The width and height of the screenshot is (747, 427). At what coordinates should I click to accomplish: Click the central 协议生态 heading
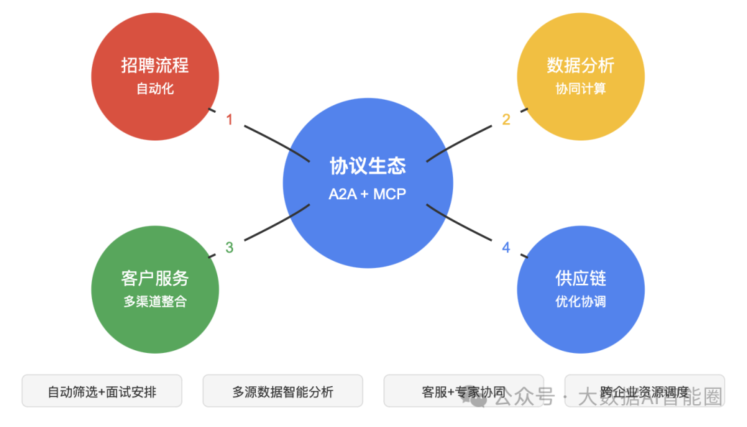pyautogui.click(x=367, y=166)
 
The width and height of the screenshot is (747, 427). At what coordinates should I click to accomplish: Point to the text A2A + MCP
pyautogui.click(x=367, y=194)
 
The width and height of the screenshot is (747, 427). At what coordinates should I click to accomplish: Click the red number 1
pyautogui.click(x=230, y=120)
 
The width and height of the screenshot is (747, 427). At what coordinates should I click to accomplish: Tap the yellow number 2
pyautogui.click(x=506, y=120)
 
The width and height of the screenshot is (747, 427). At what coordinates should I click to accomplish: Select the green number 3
pyautogui.click(x=230, y=247)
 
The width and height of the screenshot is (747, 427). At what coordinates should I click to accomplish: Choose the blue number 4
pyautogui.click(x=506, y=247)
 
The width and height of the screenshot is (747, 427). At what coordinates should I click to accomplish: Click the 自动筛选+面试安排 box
pyautogui.click(x=102, y=392)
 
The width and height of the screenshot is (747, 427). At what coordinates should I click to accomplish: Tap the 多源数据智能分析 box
pyautogui.click(x=282, y=392)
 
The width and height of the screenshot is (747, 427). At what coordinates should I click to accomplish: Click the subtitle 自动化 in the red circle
pyautogui.click(x=155, y=89)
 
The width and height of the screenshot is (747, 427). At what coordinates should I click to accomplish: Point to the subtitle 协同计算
pyautogui.click(x=580, y=89)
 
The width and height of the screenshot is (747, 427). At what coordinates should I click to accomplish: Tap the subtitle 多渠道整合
pyautogui.click(x=155, y=302)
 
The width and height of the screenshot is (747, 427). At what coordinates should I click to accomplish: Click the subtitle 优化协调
pyautogui.click(x=580, y=302)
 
